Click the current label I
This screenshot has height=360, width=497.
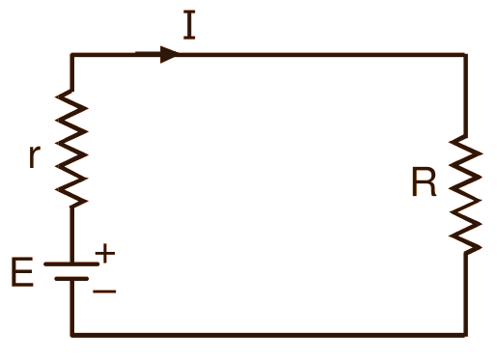(190, 24)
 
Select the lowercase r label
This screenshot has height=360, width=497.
(35, 155)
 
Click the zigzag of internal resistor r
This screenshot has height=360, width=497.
(72, 146)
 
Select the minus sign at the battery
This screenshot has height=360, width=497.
(104, 289)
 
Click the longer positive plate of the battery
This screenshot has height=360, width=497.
(72, 263)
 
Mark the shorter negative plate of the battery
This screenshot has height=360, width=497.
(72, 279)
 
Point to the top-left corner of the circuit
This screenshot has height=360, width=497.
(72, 55)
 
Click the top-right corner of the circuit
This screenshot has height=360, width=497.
(466, 55)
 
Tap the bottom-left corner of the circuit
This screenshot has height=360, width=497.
(72, 335)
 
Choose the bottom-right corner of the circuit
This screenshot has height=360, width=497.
(466, 335)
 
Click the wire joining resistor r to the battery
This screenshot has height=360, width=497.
(72, 232)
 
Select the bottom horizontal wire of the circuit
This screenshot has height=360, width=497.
(270, 335)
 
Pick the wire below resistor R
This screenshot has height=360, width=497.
(466, 294)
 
